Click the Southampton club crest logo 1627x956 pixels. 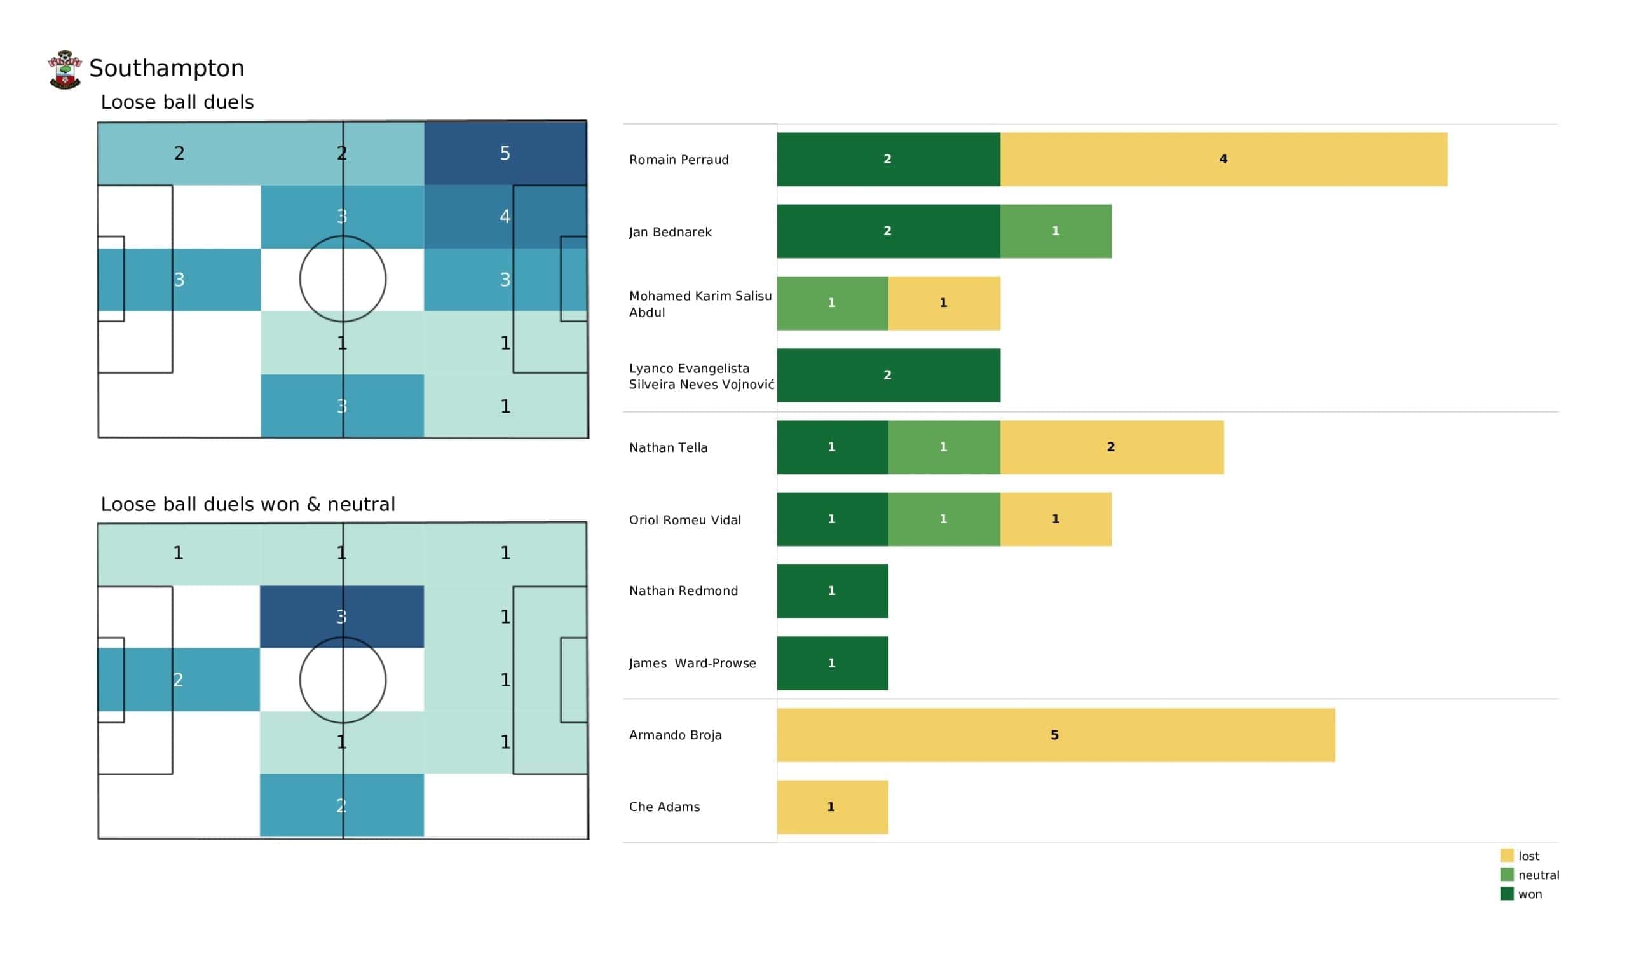[65, 69]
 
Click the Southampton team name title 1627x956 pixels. [167, 69]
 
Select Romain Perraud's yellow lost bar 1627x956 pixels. [1223, 160]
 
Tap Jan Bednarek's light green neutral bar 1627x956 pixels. [1056, 231]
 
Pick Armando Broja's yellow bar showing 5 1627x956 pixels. [1056, 735]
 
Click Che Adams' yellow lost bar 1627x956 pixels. [832, 807]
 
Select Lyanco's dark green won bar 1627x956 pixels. [888, 375]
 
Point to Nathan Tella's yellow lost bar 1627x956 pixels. [1112, 447]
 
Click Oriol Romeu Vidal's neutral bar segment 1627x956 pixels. [944, 519]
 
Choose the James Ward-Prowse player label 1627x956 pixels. [692, 664]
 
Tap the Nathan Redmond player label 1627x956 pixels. [683, 591]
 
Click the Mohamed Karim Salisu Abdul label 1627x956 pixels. [700, 304]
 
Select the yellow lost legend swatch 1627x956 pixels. [1507, 855]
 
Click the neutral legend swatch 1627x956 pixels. [1507, 875]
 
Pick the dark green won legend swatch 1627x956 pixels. [1507, 894]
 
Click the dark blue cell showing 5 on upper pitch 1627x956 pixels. [505, 153]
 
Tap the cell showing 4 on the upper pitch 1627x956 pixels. [505, 216]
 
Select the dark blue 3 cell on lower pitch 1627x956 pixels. [342, 617]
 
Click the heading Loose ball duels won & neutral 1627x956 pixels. [248, 504]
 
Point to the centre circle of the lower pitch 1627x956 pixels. [300, 679]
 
